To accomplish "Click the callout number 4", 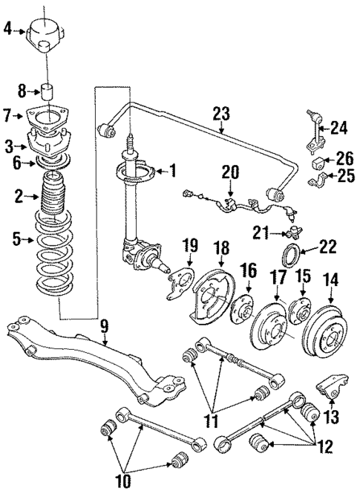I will coord(7,30).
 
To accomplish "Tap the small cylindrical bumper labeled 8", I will coord(50,92).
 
